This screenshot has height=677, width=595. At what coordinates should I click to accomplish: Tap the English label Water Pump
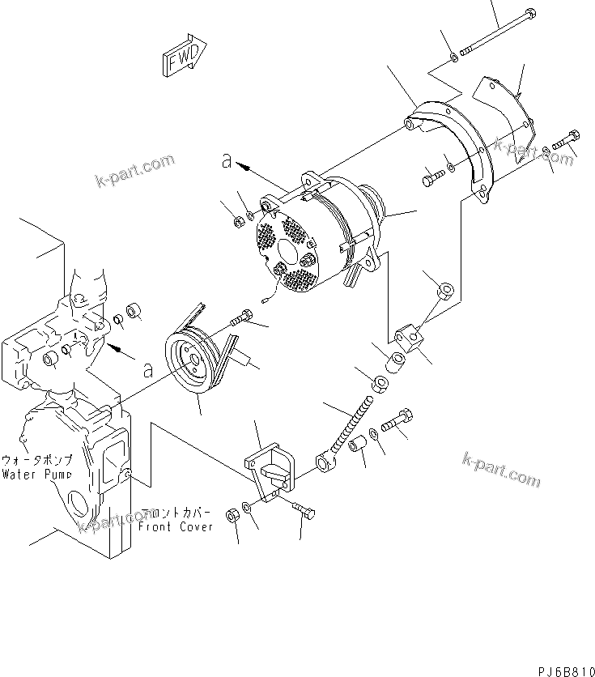pyautogui.click(x=36, y=473)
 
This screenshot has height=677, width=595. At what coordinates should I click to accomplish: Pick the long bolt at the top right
pyautogui.click(x=494, y=34)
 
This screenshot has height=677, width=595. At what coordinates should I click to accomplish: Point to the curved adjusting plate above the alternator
pyautogui.click(x=453, y=146)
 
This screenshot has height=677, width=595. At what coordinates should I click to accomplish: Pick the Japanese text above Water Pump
pyautogui.click(x=37, y=459)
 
